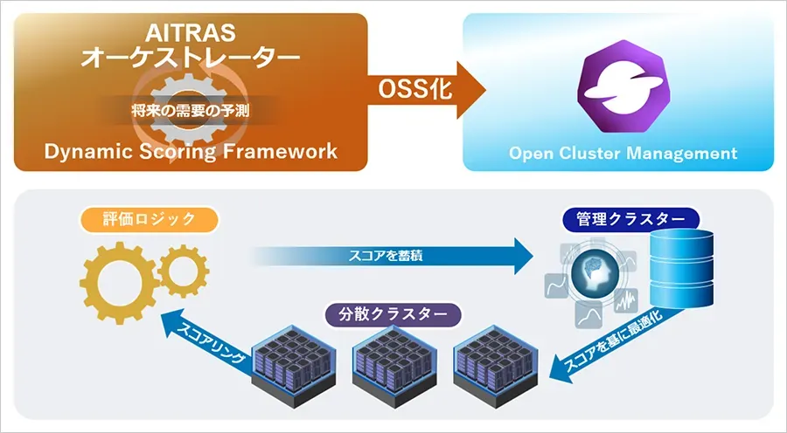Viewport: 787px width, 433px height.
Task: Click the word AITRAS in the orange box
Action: [190, 34]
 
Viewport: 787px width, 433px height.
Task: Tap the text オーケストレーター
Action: [190, 59]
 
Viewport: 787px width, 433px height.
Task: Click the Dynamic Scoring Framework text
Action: [191, 151]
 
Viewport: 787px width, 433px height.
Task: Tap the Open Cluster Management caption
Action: [623, 154]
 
